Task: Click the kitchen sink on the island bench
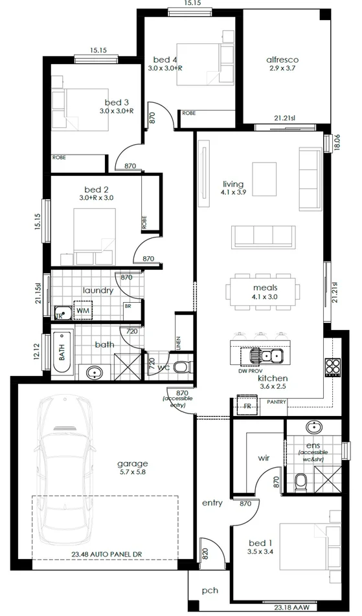click(267, 355)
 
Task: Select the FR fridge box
click(247, 407)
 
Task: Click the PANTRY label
click(277, 402)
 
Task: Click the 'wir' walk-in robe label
click(264, 457)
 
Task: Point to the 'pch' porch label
click(209, 591)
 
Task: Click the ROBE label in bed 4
click(189, 113)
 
